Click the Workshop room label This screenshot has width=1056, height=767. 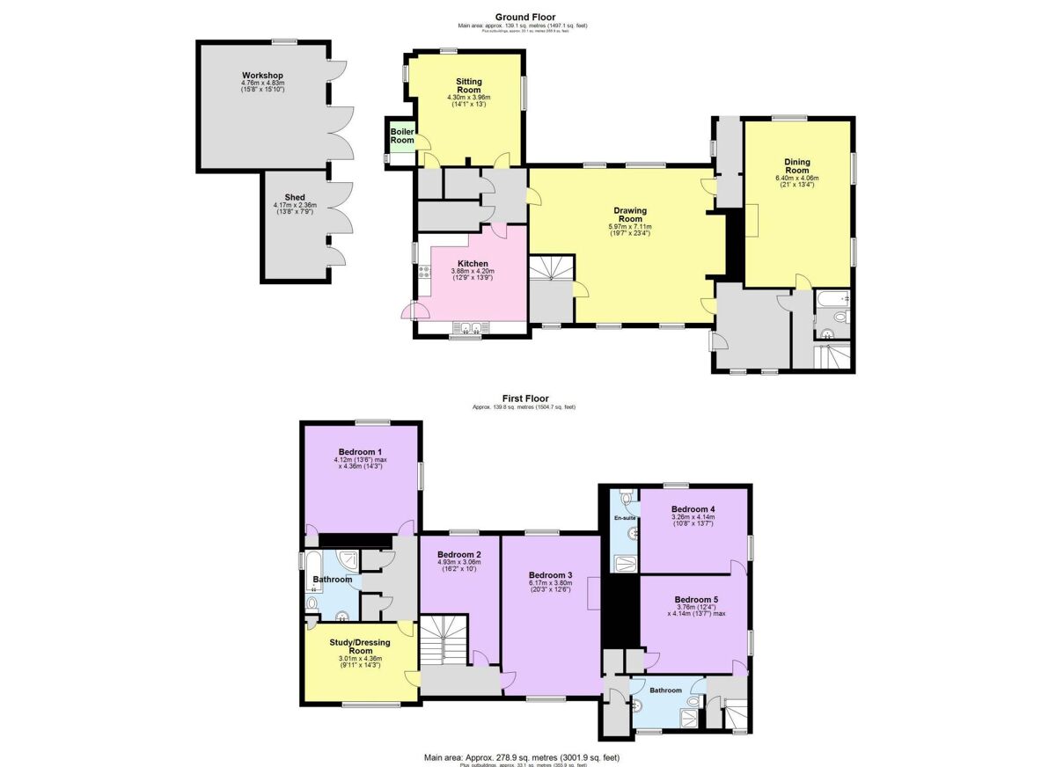[x=263, y=75]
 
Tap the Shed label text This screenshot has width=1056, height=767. [x=294, y=198]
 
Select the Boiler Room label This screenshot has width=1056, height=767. [x=402, y=135]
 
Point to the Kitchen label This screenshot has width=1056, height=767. [x=473, y=263]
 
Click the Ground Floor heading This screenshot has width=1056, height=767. [x=525, y=17]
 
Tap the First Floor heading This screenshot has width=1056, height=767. [x=525, y=398]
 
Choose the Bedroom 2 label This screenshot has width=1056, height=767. [x=459, y=555]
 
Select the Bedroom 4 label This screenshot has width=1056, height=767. [x=693, y=509]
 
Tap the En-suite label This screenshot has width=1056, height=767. [x=625, y=519]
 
